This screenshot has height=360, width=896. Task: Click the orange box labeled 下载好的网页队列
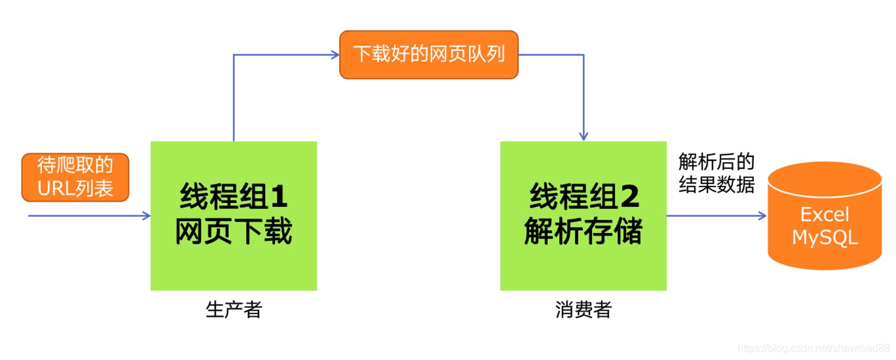tap(429, 55)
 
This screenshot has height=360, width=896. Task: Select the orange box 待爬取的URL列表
tap(75, 177)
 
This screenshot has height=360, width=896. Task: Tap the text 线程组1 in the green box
tap(233, 196)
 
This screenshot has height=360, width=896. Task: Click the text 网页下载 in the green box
tap(233, 231)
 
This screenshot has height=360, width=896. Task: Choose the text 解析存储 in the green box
tap(583, 231)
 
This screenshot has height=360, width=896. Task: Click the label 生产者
tap(234, 309)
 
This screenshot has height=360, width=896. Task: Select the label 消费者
tap(583, 309)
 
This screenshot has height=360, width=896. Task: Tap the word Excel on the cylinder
tap(825, 214)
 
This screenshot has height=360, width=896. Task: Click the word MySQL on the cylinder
tap(825, 237)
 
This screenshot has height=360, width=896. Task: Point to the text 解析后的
tap(716, 162)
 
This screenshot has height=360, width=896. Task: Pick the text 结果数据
tap(716, 184)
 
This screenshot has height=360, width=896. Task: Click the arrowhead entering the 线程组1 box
tap(146, 216)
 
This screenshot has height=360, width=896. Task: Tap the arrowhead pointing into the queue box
tap(336, 55)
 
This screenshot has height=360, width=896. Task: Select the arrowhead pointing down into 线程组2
tap(583, 136)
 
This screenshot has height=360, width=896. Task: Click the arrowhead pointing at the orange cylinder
tap(762, 216)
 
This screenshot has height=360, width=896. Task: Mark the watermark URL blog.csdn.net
tap(813, 348)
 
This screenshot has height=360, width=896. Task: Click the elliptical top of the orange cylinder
tap(825, 180)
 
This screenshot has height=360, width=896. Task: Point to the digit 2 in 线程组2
tap(630, 196)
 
